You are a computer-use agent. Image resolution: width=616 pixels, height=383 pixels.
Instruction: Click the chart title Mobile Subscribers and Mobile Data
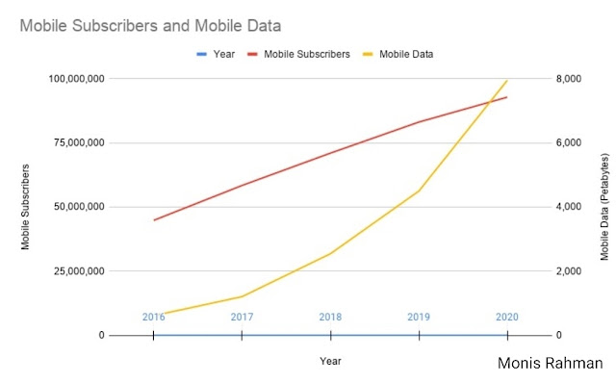point(150,26)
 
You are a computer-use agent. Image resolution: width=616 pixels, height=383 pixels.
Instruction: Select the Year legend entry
point(216,54)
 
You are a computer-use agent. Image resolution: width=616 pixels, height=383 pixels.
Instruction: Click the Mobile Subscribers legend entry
point(298,54)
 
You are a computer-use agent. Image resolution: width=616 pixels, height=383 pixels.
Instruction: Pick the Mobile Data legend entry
point(398,54)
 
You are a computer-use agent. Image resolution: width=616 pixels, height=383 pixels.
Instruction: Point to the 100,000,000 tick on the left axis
point(77,79)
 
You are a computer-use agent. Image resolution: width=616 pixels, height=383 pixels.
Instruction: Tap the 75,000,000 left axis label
point(79,142)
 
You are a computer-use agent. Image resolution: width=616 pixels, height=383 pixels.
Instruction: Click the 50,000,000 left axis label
point(79,207)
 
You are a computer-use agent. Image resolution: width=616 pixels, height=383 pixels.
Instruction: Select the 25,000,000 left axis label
point(79,270)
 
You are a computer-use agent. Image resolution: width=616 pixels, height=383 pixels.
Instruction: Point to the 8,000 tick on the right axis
point(569,79)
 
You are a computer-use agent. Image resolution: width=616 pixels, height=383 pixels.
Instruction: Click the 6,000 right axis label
point(569,142)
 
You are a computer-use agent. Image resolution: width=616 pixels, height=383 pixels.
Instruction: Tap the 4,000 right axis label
point(569,207)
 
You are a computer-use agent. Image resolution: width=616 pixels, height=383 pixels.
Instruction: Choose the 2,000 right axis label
point(569,270)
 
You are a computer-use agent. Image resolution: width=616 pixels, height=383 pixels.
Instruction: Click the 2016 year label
point(154,317)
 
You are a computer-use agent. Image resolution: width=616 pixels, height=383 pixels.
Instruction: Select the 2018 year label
point(330,317)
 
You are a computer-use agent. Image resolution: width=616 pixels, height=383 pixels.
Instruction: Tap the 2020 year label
point(507,317)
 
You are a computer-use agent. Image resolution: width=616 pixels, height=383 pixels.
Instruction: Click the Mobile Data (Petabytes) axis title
point(604,207)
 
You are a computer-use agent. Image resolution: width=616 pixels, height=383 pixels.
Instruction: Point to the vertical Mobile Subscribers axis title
point(25,207)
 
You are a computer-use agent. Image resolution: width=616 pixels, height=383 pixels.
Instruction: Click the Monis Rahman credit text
point(550,364)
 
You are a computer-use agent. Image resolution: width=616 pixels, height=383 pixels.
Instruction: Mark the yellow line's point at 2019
point(420,191)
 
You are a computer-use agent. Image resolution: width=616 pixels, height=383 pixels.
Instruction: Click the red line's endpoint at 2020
point(507,97)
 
